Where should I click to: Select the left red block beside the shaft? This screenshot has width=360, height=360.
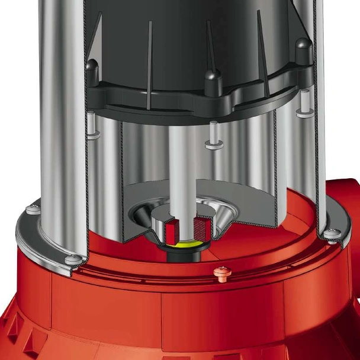point(172,228)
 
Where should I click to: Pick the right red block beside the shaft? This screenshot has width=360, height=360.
point(202,227)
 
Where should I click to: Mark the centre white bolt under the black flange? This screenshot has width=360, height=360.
point(214,135)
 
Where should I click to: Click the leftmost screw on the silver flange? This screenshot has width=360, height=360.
point(34,209)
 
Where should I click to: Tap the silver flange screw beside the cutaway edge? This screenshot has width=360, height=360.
point(73,259)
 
